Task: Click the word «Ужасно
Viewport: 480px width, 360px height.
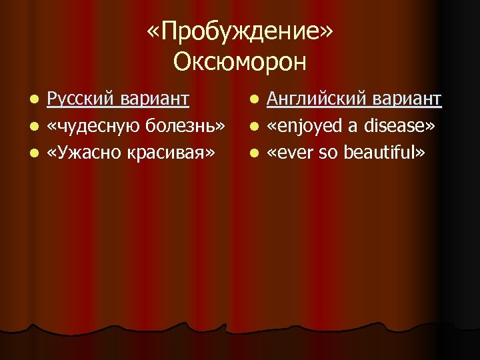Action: pos(81,153)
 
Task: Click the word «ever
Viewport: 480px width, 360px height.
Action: pos(292,153)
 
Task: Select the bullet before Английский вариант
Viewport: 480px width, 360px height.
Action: pos(253,100)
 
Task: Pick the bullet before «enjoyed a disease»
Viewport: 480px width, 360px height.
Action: pos(253,127)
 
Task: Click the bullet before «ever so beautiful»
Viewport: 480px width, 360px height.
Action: pos(253,153)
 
